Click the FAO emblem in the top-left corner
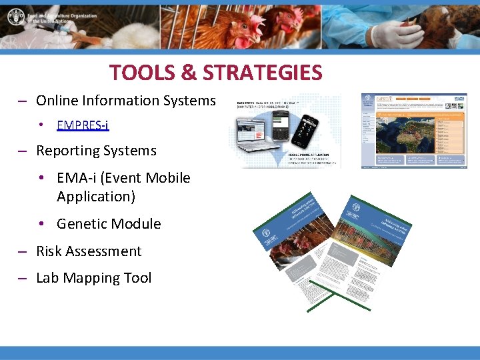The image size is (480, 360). click(x=14, y=16)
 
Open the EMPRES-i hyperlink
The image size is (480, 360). click(x=83, y=125)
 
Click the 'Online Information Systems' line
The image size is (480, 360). click(x=125, y=101)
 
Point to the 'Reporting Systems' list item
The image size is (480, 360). click(x=96, y=151)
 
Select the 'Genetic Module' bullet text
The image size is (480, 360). click(x=109, y=224)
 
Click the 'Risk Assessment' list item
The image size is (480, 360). click(x=89, y=251)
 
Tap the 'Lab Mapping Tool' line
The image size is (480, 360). click(x=93, y=278)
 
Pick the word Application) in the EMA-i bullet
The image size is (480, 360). click(x=96, y=197)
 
